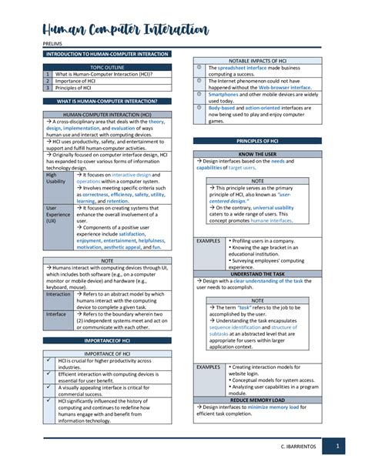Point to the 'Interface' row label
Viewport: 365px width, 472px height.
point(55,314)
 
